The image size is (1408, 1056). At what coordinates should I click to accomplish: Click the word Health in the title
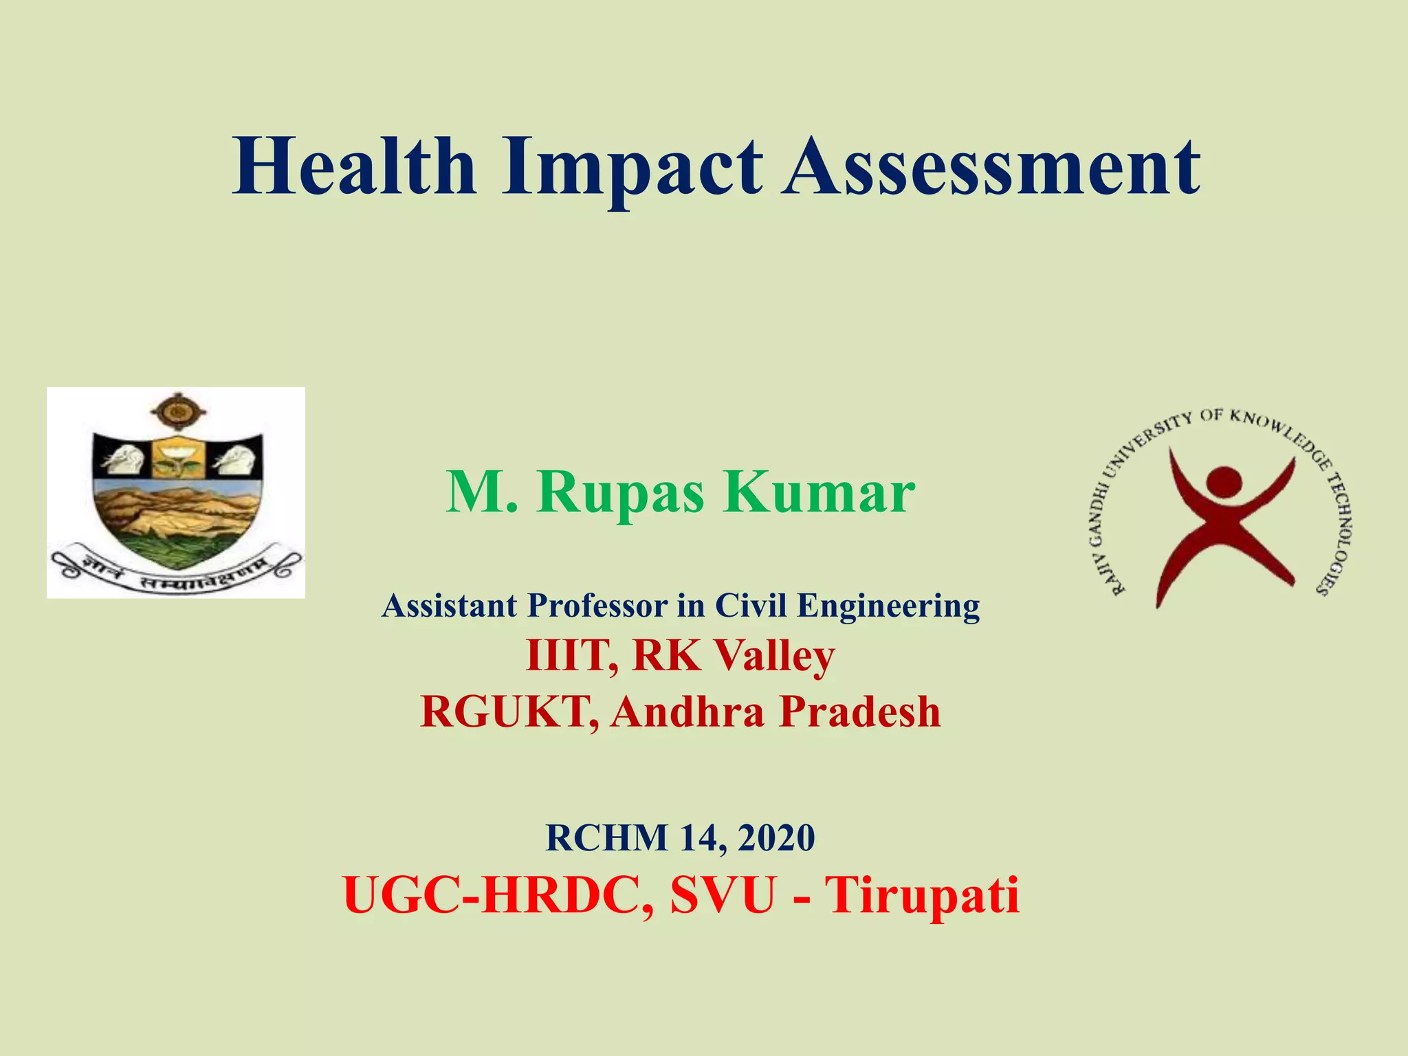tap(354, 167)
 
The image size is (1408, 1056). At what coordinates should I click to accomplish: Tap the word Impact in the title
tap(631, 167)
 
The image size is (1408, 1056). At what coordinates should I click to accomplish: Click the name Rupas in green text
tap(620, 492)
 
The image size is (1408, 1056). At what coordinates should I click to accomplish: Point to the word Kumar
tap(818, 492)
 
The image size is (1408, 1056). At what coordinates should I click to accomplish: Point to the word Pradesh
tap(859, 712)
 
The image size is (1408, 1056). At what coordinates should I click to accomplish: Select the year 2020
tap(777, 838)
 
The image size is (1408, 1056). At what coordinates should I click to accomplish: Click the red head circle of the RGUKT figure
tap(1223, 482)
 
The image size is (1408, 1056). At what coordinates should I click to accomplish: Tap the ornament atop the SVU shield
tap(178, 412)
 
